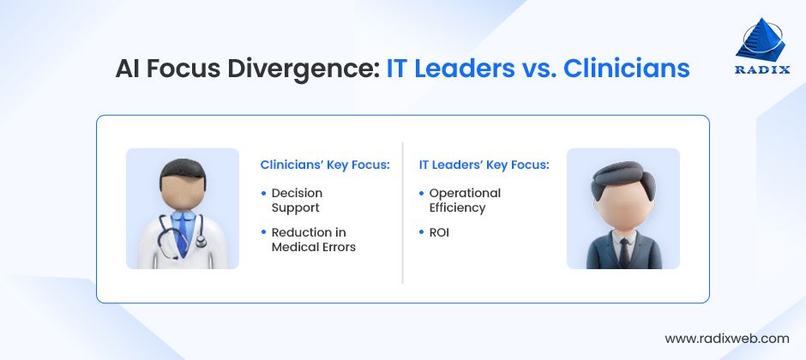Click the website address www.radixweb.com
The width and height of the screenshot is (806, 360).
[726, 338]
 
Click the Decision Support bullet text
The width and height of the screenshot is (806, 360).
[296, 201]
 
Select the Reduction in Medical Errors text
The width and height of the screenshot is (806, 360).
[313, 240]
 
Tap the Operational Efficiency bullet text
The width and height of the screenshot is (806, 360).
[464, 201]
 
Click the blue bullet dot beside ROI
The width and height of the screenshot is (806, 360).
[421, 232]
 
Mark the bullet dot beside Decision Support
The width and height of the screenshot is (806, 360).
[263, 194]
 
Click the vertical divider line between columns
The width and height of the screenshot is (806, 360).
[402, 211]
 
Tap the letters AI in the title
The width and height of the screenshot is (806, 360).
[130, 69]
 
